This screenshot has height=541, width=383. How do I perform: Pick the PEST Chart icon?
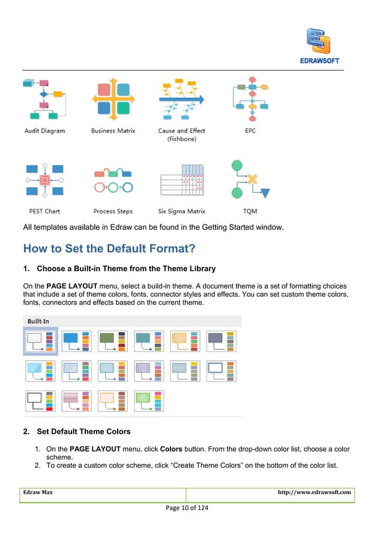tap(44, 181)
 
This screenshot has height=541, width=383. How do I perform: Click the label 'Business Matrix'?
tap(113, 131)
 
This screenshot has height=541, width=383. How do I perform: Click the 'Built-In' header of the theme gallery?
tap(39, 321)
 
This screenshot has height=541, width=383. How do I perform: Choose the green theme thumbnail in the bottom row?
tap(149, 401)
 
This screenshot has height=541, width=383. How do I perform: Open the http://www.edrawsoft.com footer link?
tap(314, 492)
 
